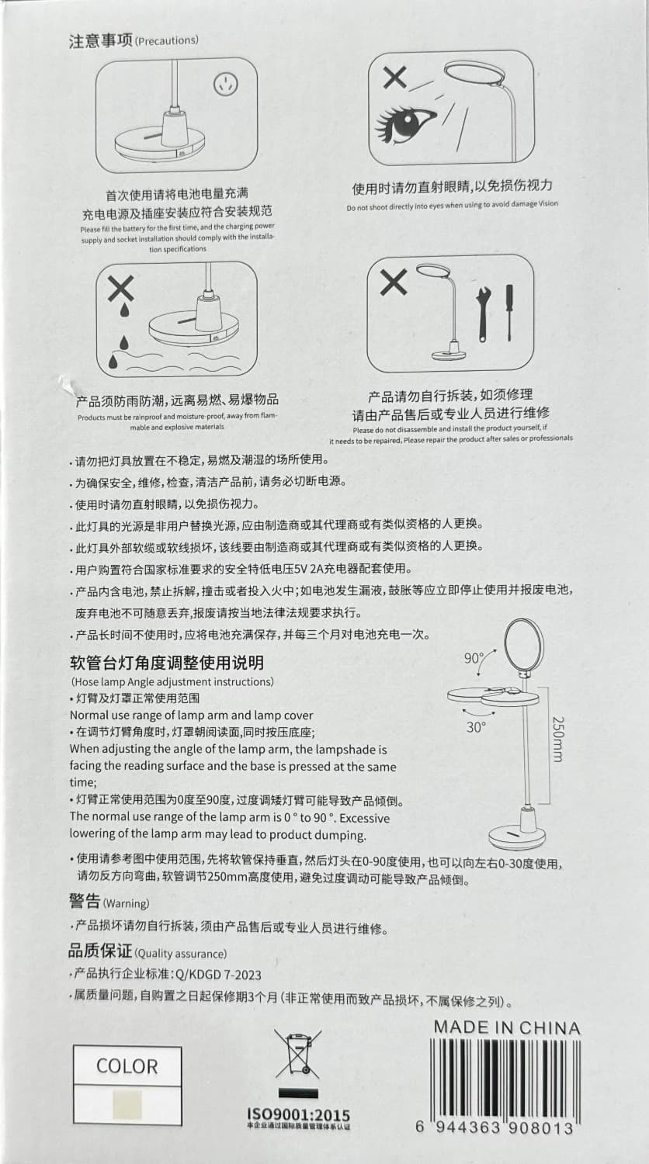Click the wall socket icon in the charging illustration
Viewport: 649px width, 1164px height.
tap(226, 83)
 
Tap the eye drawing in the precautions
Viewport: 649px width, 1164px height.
tap(405, 124)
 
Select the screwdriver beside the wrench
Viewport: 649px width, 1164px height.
tap(510, 312)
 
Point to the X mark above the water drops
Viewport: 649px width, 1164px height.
tap(120, 288)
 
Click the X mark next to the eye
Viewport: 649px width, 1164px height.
tap(394, 78)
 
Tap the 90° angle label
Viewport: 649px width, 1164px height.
tap(474, 658)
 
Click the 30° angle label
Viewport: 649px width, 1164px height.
tap(476, 727)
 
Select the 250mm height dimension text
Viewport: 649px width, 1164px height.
tap(557, 739)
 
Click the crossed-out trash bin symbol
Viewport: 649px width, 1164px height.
tap(298, 1055)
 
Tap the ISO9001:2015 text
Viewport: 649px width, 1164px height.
tap(298, 1114)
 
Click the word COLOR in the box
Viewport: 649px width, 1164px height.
tap(127, 1065)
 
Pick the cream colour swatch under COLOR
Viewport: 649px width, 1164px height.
tap(127, 1105)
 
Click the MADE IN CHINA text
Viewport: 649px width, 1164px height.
tap(507, 1027)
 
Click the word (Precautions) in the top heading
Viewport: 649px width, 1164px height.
tap(166, 40)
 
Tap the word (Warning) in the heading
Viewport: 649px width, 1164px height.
tap(126, 903)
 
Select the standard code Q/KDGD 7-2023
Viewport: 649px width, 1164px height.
tap(218, 975)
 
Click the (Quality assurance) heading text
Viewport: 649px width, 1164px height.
tap(180, 954)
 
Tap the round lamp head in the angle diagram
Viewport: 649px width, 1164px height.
tap(524, 646)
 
